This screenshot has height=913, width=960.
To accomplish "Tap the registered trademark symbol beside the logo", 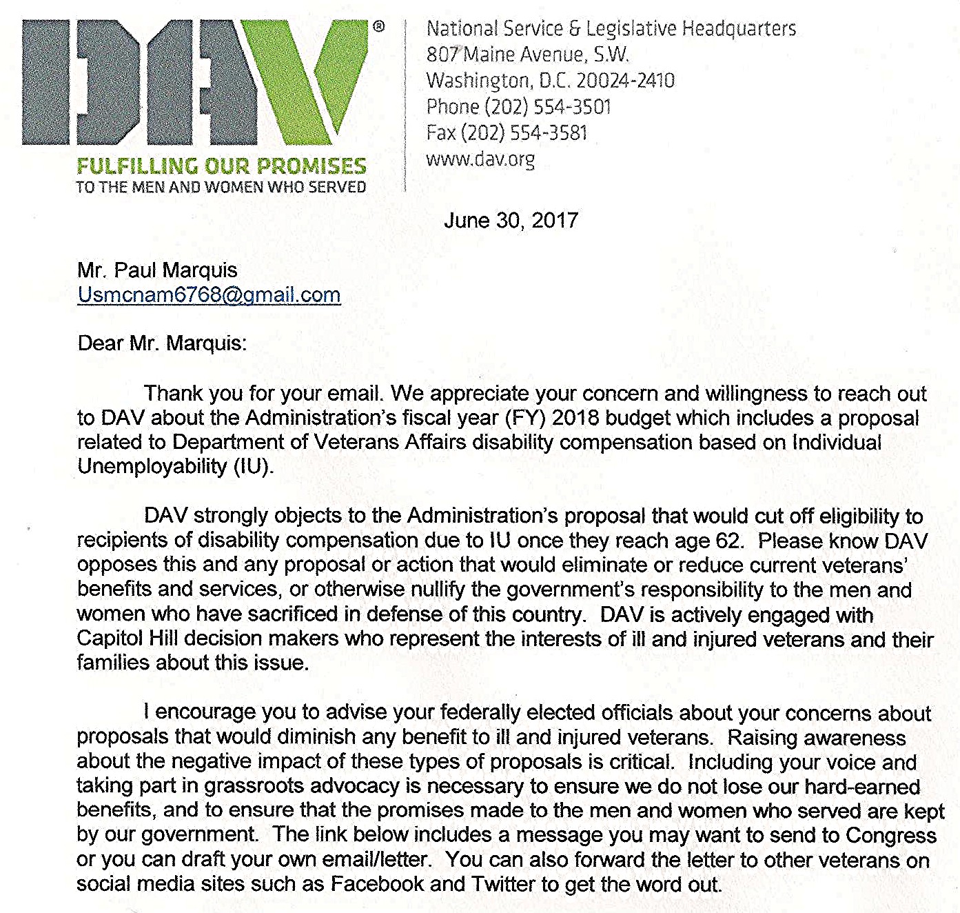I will pyautogui.click(x=379, y=27).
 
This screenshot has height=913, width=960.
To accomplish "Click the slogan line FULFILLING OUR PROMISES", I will pyautogui.click(x=221, y=166).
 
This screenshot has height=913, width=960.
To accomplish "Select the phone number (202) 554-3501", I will pyautogui.click(x=548, y=107).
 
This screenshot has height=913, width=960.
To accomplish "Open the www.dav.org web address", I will pyautogui.click(x=480, y=159).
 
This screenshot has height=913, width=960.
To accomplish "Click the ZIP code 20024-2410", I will pyautogui.click(x=625, y=81).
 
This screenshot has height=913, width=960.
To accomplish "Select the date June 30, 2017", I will pyautogui.click(x=511, y=220).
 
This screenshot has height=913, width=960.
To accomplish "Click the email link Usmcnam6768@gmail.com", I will pyautogui.click(x=209, y=295).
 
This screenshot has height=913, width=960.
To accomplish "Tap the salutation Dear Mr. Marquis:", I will pyautogui.click(x=162, y=343).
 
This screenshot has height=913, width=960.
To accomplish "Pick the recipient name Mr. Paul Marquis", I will pyautogui.click(x=157, y=270).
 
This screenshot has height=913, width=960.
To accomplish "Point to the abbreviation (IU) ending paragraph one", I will pyautogui.click(x=254, y=467).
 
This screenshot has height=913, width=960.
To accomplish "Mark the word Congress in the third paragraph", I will pyautogui.click(x=890, y=835).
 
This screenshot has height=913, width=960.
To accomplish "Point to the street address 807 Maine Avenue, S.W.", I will pyautogui.click(x=527, y=54).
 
